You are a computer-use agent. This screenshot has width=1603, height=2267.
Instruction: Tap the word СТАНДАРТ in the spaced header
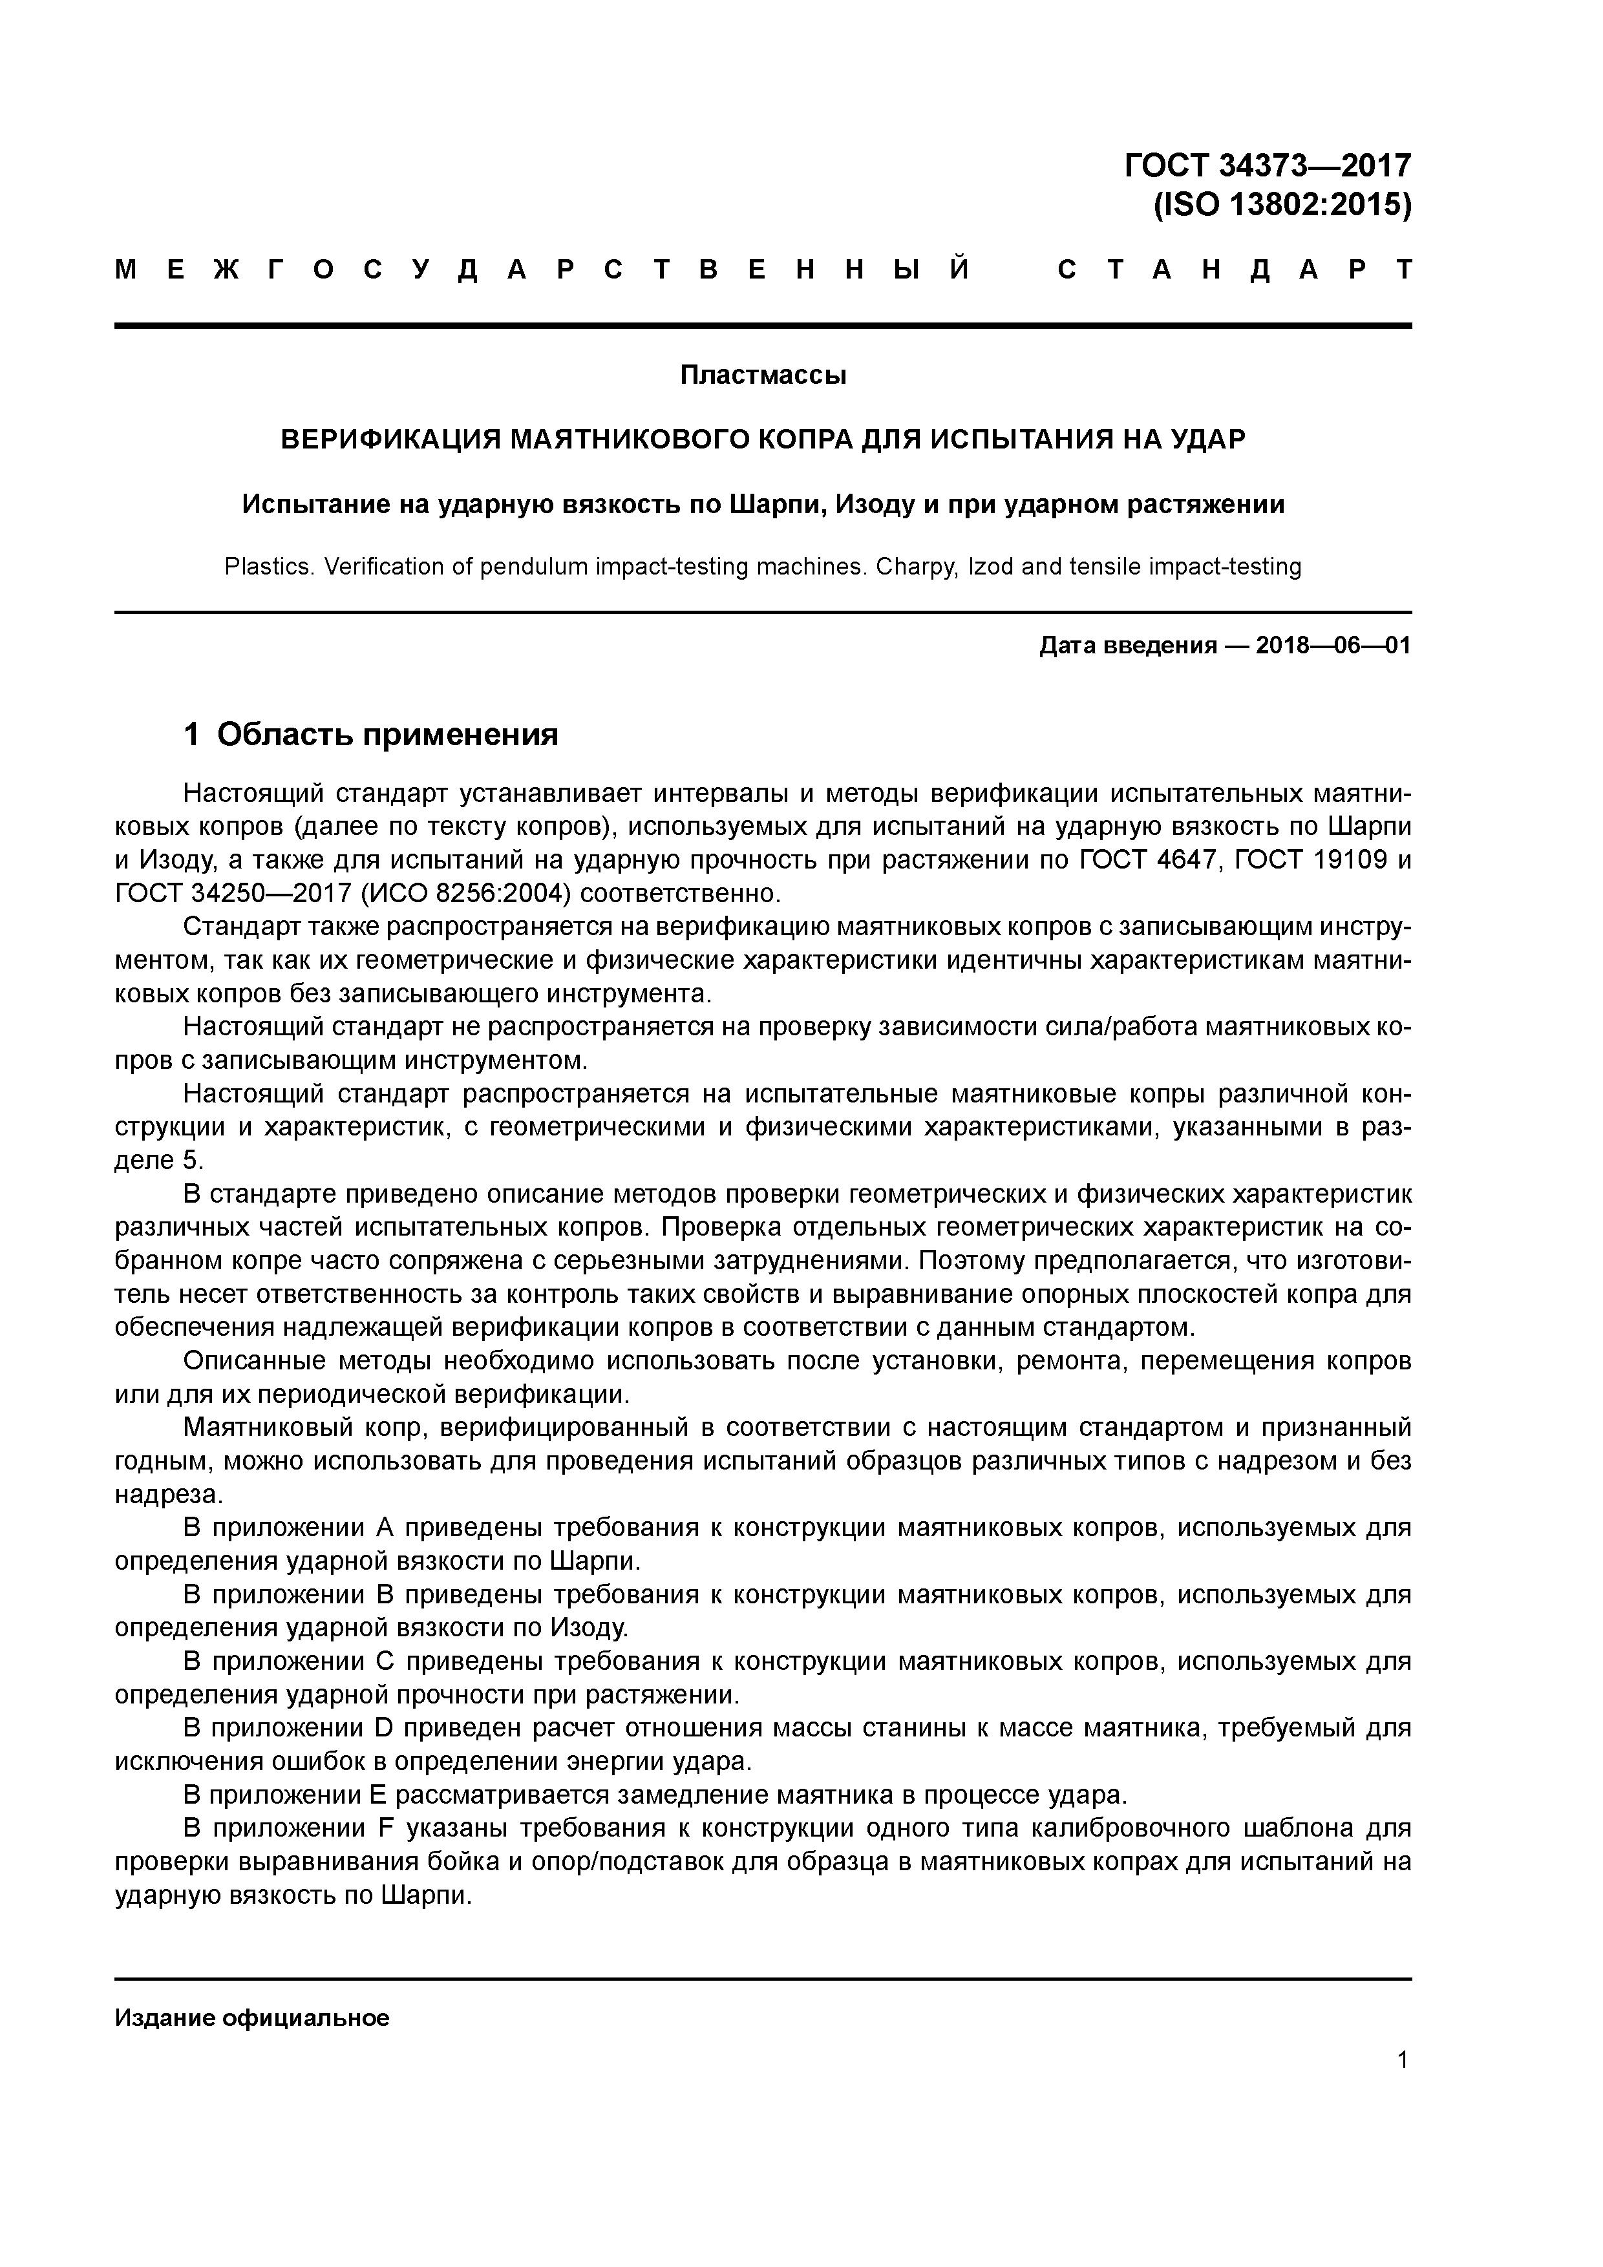pyautogui.click(x=1234, y=269)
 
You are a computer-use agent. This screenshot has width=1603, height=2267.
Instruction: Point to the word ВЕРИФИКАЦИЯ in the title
pyautogui.click(x=390, y=439)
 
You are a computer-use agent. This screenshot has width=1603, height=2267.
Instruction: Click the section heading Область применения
pyautogui.click(x=387, y=735)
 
